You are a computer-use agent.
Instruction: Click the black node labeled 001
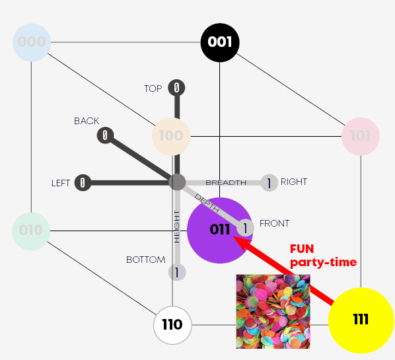tap(220, 42)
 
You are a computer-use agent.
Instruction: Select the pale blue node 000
tap(32, 42)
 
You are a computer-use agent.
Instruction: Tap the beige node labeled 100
tap(171, 136)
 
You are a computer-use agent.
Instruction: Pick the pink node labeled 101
tap(361, 136)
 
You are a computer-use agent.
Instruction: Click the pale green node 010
tap(31, 231)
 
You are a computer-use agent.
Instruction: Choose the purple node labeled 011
tap(220, 231)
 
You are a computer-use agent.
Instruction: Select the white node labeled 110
tap(172, 325)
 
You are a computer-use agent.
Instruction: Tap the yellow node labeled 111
tap(361, 320)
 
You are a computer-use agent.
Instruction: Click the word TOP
tap(153, 89)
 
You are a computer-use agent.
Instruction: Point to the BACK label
tap(87, 121)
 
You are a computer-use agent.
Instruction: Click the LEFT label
tap(61, 183)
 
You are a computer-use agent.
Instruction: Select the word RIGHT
tap(294, 182)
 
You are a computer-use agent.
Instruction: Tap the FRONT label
tap(275, 223)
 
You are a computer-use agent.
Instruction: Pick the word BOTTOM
tap(146, 260)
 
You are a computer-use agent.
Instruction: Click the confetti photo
tap(273, 311)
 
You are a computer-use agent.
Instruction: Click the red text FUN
tap(302, 249)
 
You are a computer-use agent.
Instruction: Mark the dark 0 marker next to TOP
tap(176, 88)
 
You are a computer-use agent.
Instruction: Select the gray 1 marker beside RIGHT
tap(269, 183)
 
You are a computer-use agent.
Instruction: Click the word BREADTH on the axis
tap(226, 183)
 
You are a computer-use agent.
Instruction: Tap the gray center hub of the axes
tap(177, 182)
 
